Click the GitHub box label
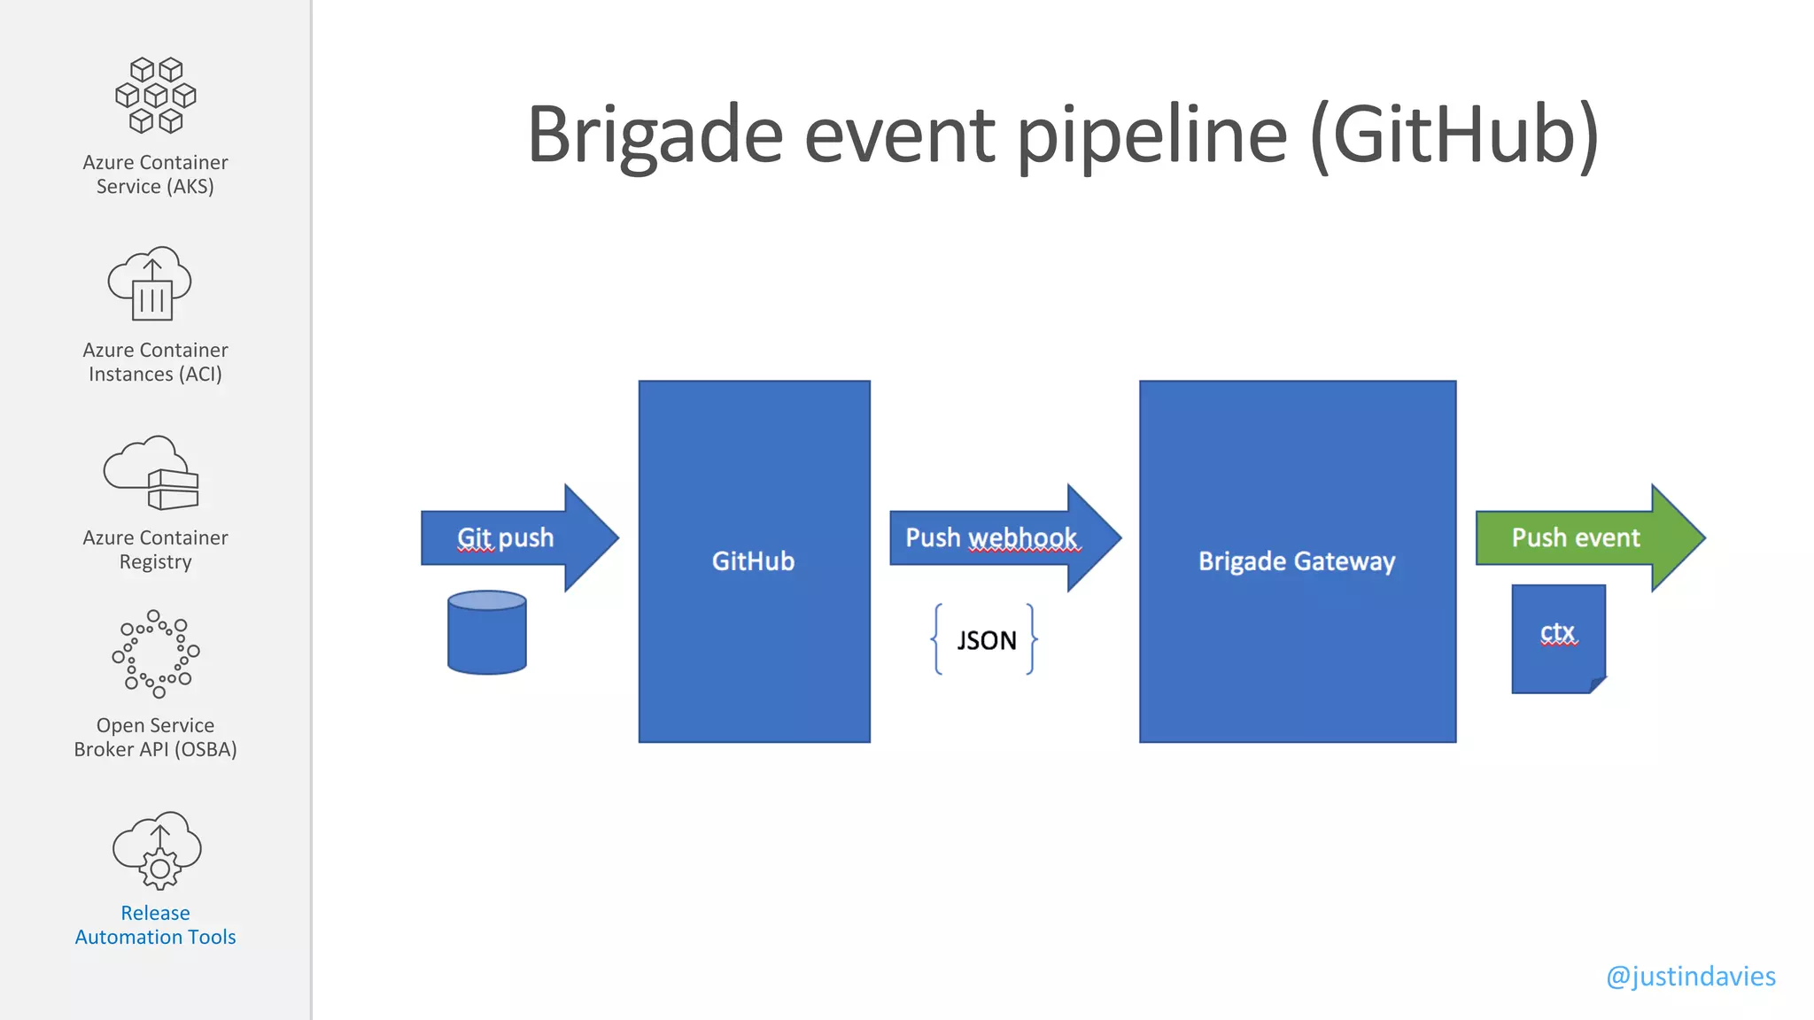click(753, 561)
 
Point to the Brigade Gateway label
click(1297, 561)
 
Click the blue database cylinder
click(487, 633)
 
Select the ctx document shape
click(1558, 637)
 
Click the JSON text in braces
click(986, 640)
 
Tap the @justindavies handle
click(1690, 976)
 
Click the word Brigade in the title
click(655, 135)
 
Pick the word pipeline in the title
click(1151, 135)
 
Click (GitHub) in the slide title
click(1454, 135)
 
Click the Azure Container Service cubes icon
click(156, 96)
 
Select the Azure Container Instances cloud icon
click(151, 283)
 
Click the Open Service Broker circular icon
click(156, 654)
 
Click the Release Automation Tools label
click(156, 925)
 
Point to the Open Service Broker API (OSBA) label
click(156, 738)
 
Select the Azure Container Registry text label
click(156, 550)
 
